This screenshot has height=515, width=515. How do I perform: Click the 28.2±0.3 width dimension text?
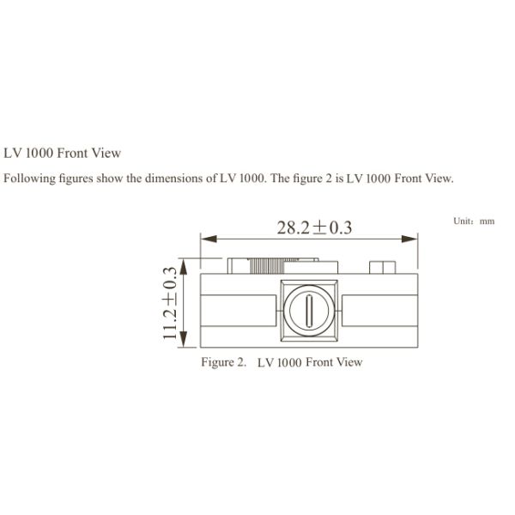click(x=314, y=227)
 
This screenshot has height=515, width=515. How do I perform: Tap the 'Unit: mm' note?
click(x=474, y=221)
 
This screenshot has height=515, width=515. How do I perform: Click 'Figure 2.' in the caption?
click(x=224, y=361)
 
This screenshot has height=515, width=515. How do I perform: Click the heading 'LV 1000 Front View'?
click(x=63, y=153)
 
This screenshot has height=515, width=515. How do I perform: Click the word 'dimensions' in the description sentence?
click(x=167, y=179)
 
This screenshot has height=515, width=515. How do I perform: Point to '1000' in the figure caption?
click(x=288, y=361)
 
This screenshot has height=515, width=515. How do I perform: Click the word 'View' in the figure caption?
click(x=348, y=361)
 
